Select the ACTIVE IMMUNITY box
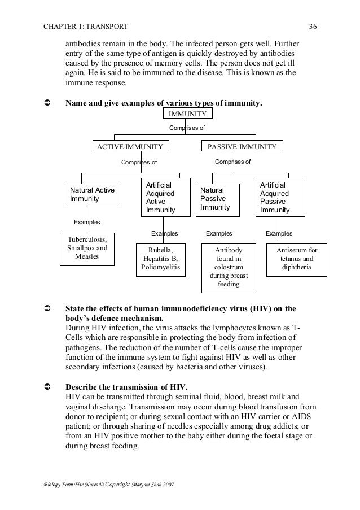[x=130, y=146]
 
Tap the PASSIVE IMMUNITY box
[x=242, y=146]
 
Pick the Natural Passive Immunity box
[x=218, y=199]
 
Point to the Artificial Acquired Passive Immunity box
[x=280, y=198]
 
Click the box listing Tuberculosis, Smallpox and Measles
[x=87, y=248]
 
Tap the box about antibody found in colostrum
[x=229, y=267]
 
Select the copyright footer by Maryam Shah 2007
[x=106, y=486]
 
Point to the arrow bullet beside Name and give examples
[x=47, y=103]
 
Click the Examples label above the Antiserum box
[x=279, y=233]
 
